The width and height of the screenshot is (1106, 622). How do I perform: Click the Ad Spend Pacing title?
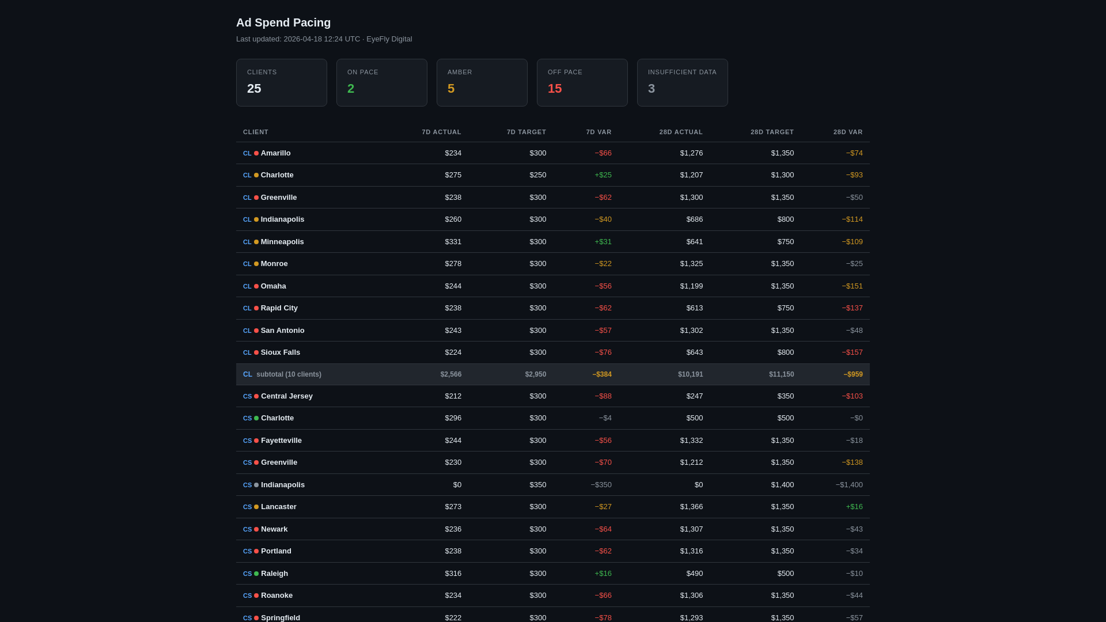click(283, 22)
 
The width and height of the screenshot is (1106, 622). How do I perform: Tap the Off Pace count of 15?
click(554, 89)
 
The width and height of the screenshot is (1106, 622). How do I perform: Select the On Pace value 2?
click(350, 89)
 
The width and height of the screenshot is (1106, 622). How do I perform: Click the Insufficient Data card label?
click(682, 72)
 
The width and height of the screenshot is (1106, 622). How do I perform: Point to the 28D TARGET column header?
click(772, 132)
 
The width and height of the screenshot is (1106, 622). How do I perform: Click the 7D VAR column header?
click(599, 132)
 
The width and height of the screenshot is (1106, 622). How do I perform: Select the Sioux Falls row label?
click(280, 352)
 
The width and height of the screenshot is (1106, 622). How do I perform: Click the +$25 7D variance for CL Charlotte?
click(603, 175)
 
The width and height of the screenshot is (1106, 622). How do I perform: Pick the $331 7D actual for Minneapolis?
click(453, 242)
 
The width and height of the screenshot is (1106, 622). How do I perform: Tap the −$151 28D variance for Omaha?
click(852, 286)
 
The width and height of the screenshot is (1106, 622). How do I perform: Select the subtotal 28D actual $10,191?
click(690, 374)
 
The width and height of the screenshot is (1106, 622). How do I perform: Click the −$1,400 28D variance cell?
click(849, 485)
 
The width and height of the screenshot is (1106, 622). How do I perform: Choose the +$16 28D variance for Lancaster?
click(854, 507)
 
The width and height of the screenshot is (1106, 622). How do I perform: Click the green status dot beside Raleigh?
click(256, 574)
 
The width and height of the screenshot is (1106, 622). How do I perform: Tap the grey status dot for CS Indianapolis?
click(256, 485)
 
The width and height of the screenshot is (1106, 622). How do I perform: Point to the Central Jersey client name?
click(286, 396)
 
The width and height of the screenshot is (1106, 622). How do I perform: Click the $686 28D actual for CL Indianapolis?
click(694, 219)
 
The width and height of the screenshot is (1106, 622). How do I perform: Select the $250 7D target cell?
click(537, 175)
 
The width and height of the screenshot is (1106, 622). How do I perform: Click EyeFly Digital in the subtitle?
click(389, 39)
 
